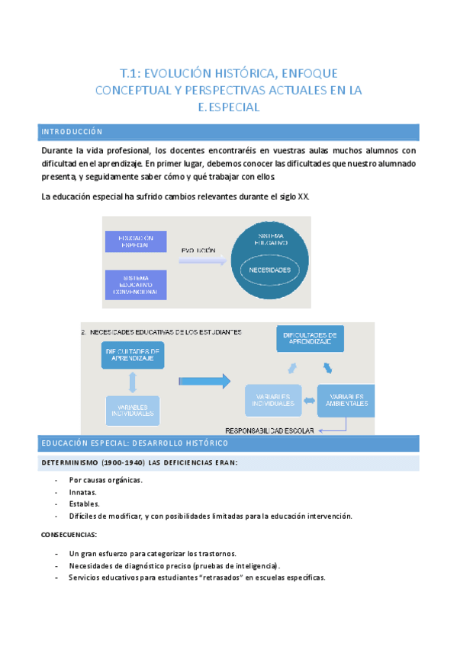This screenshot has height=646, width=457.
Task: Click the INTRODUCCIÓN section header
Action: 72,132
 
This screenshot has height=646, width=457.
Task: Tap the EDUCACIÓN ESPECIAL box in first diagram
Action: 136,242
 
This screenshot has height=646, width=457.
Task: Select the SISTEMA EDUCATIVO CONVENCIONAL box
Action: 136,284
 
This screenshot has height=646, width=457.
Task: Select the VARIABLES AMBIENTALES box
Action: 346,401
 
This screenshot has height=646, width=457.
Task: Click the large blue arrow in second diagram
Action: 205,380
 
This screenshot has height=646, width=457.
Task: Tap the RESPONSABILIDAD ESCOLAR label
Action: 271,430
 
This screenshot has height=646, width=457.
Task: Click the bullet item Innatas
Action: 82,492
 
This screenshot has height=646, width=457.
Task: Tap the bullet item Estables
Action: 84,504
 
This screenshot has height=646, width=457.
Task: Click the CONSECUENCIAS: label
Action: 69,535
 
